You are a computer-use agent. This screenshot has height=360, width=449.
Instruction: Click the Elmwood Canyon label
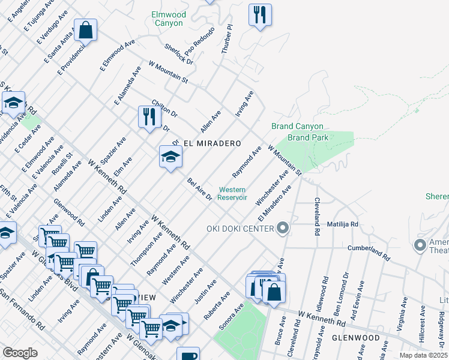click(169, 19)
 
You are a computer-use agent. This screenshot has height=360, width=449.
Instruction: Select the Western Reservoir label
click(231, 194)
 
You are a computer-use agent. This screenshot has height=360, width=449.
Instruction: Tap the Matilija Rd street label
click(342, 224)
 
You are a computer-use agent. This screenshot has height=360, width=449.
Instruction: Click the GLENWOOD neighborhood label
click(355, 338)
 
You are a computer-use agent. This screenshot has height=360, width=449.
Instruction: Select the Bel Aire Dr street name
click(200, 189)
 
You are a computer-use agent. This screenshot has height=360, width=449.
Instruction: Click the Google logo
click(20, 352)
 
